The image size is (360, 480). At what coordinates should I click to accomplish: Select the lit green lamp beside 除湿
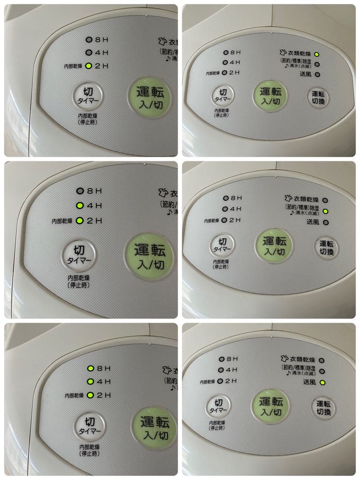325,211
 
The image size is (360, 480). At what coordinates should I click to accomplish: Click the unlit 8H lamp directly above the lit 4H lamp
80,191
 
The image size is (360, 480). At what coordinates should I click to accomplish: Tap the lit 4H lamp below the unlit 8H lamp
80,206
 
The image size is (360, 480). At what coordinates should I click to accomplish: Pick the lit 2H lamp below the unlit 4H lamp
89,66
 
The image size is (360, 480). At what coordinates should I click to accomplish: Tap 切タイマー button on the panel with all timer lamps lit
90,425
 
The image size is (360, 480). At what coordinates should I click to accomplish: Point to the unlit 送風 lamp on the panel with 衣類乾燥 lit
317,75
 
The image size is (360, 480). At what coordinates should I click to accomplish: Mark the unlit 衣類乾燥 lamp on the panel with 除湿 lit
325,200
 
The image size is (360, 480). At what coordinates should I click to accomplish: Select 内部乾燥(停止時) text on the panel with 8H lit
90,450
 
